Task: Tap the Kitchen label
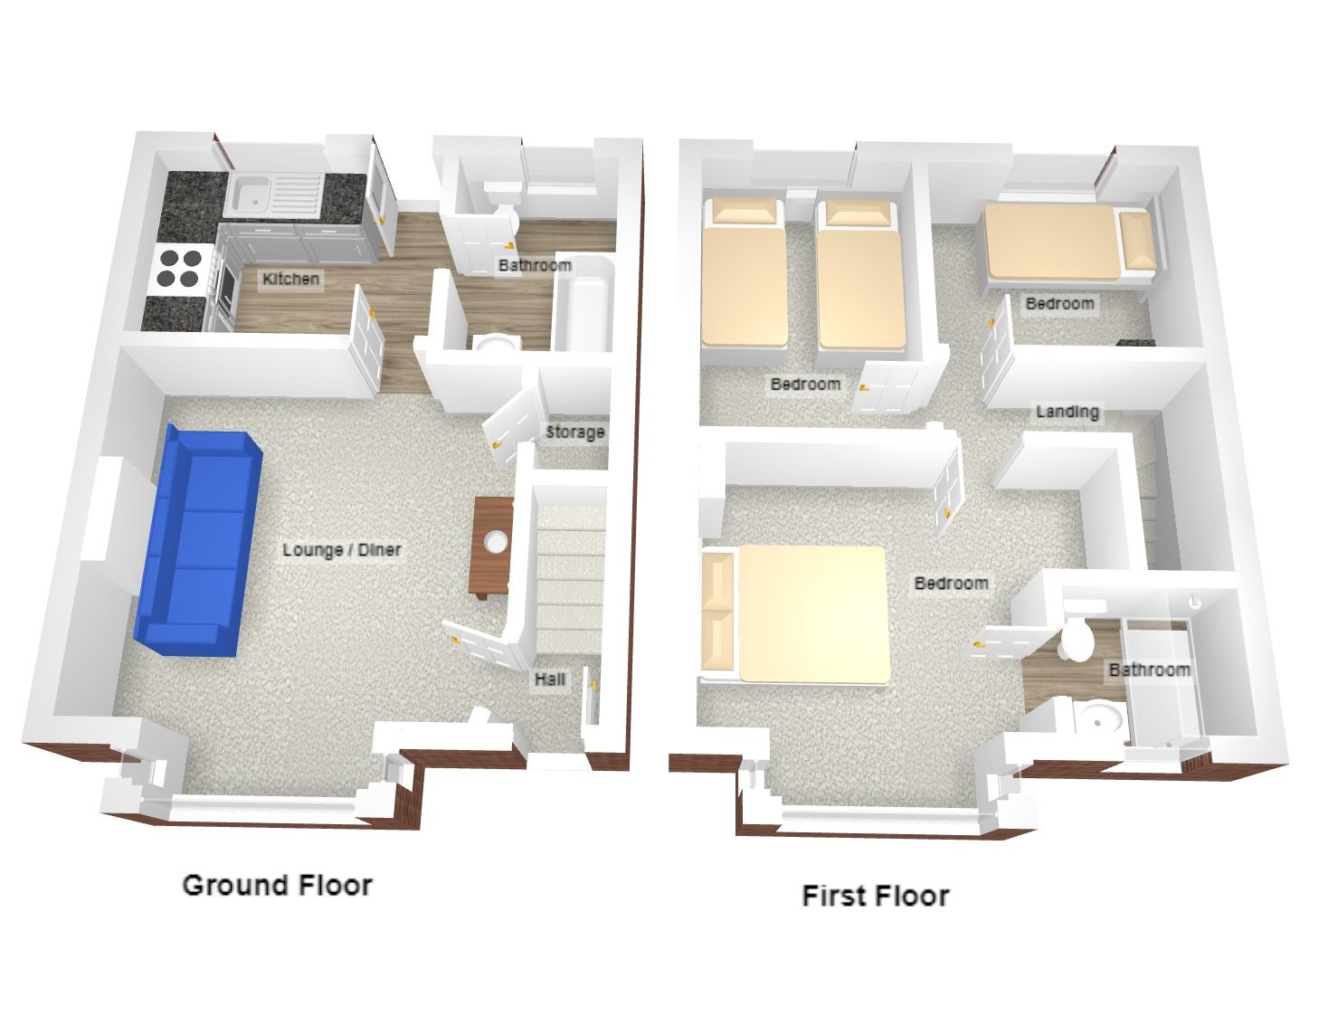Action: coord(290,279)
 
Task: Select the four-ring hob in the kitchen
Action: coord(180,269)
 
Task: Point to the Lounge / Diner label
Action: coord(342,549)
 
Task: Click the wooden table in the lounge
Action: coord(491,546)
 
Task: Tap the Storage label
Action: coord(575,432)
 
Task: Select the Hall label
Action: coord(550,679)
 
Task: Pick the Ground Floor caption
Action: coord(278,886)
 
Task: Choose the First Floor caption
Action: coord(876,896)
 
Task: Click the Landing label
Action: coord(1068,412)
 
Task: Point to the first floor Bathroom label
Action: coord(1149,670)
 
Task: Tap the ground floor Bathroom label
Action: coord(535,265)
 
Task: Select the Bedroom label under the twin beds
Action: coord(805,385)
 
